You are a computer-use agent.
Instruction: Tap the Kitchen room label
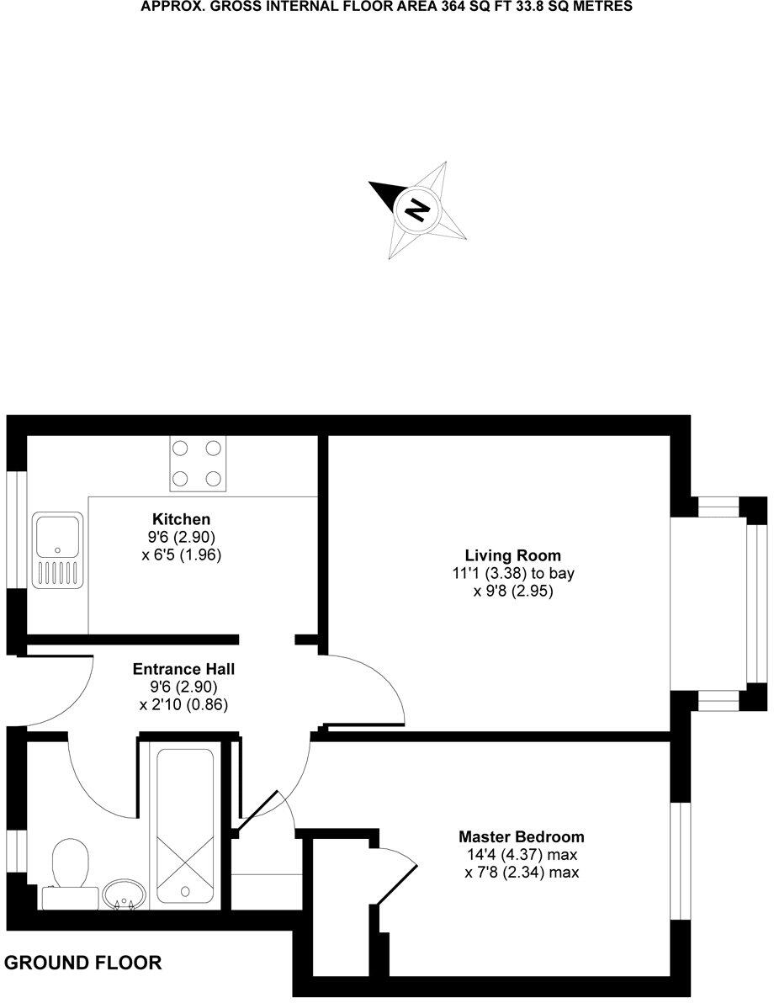181,519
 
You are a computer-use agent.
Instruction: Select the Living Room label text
512,555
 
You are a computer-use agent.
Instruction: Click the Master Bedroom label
521,837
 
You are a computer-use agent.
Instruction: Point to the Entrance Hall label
183,670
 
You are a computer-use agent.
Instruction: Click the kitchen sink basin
57,533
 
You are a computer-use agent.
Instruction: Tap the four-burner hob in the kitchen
199,464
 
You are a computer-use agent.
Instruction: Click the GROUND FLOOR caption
83,963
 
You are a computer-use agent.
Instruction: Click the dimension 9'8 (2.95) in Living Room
512,592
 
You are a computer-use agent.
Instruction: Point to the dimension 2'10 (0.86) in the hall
183,705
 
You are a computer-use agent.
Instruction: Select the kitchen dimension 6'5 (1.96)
181,555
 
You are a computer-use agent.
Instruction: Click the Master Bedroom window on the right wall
680,860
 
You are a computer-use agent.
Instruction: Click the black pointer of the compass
384,194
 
